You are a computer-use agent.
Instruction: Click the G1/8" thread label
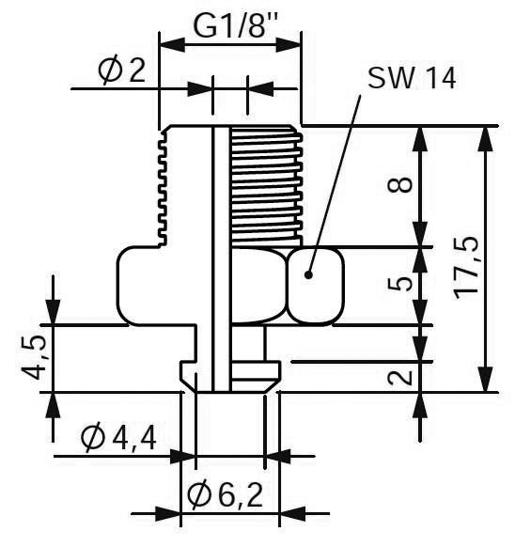pos(235,26)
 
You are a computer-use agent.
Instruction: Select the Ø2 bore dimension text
pos(121,70)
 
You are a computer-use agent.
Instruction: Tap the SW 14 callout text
pos(412,78)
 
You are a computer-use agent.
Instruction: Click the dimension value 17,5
pos(466,268)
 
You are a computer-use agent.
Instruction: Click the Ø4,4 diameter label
pos(118,438)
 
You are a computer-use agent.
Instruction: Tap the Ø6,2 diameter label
pos(226,495)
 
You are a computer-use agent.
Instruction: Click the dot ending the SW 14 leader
pos(308,274)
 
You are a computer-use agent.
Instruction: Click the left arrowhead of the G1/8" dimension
pos(172,45)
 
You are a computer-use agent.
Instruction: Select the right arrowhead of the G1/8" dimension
pos(289,45)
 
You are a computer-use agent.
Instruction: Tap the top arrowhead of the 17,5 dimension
pos(486,138)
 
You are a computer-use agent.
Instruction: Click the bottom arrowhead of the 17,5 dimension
pos(486,379)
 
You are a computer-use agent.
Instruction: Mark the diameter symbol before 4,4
pos(93,438)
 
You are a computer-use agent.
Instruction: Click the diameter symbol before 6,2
pos(200,495)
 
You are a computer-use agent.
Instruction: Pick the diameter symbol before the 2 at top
pos(110,70)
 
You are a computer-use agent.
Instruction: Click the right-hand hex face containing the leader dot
pos(315,286)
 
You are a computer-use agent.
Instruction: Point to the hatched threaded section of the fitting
pos(266,185)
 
